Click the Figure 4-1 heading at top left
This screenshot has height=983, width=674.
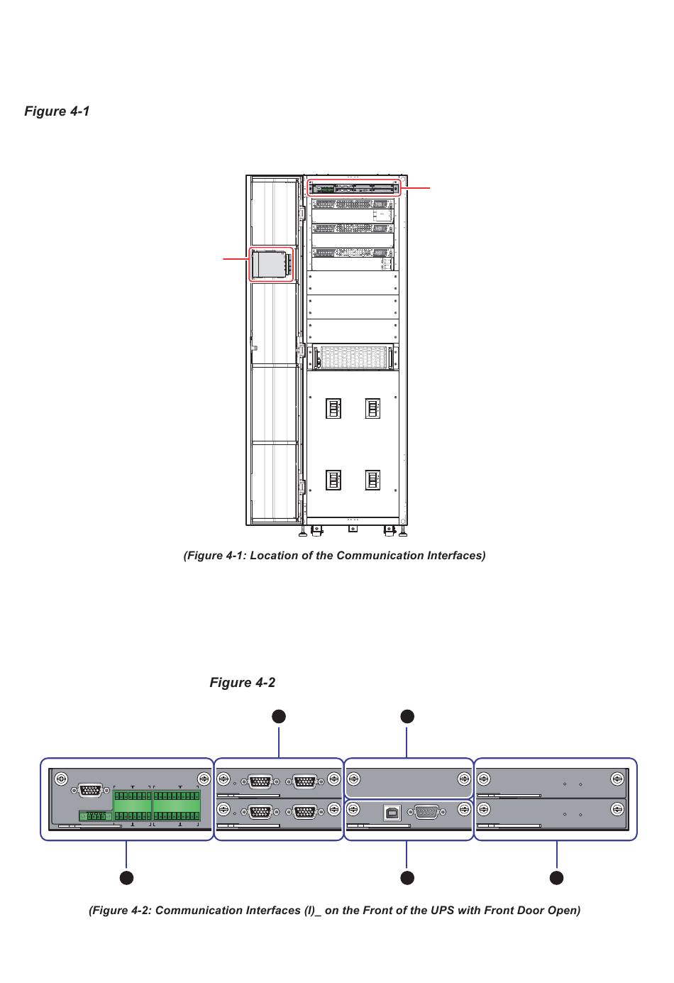(57, 111)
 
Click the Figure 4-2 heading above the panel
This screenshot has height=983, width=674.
(242, 682)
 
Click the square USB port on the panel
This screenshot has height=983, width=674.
(392, 813)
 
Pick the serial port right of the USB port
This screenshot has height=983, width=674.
(427, 813)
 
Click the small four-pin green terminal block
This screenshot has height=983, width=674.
(95, 815)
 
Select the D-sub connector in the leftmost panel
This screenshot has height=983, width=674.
(90, 791)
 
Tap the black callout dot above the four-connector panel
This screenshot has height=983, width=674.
(279, 717)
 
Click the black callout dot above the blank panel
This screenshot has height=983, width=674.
(407, 717)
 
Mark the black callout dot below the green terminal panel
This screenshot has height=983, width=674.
(126, 878)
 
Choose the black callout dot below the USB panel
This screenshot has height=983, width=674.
(407, 878)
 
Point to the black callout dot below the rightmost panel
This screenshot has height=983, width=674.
(556, 878)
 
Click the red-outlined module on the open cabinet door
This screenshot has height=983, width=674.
(271, 264)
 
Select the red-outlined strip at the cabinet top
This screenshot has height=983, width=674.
(354, 188)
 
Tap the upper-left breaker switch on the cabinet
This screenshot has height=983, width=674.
(333, 408)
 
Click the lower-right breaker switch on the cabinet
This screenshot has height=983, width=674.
(372, 480)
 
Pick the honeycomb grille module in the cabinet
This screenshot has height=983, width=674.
(353, 358)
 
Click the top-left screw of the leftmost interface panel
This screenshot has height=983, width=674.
(61, 779)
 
